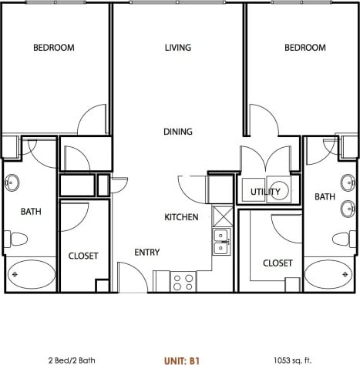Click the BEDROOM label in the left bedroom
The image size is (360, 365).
[54, 48]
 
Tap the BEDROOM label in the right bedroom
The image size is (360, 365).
[305, 48]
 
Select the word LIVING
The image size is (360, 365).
[177, 48]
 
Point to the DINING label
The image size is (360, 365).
[178, 132]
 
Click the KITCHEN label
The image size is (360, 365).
[182, 218]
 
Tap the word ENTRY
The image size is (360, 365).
[146, 253]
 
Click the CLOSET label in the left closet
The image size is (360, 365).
[83, 256]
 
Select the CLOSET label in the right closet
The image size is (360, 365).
[278, 263]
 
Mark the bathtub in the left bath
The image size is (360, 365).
[31, 274]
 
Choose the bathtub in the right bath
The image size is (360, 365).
[329, 274]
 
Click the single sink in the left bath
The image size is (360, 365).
[12, 183]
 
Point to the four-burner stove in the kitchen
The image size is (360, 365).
[183, 281]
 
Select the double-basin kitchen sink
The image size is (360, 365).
[222, 241]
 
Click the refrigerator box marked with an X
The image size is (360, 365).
[222, 215]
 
